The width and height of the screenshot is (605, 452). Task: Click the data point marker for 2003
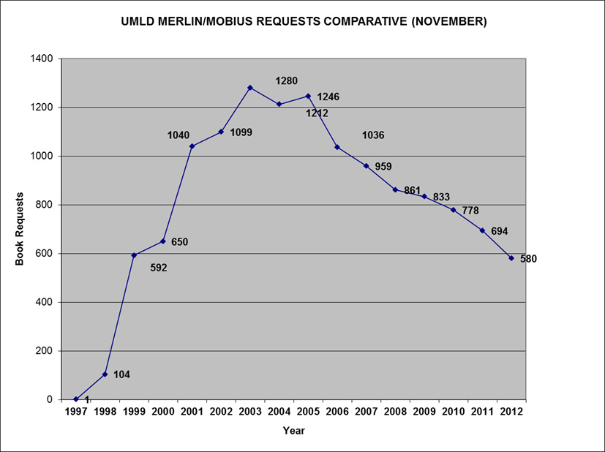[x=250, y=88]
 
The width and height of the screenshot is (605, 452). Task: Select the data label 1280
[x=286, y=81]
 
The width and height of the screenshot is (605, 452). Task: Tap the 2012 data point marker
[x=511, y=258]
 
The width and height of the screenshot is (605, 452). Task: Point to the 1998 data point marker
[x=105, y=374]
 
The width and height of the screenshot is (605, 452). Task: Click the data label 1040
[x=179, y=135]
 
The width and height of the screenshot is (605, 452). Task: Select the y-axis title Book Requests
[x=20, y=229]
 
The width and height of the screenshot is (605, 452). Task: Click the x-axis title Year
[x=293, y=431]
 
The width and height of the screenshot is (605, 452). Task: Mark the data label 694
[x=499, y=231]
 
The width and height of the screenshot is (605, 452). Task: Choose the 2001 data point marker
[x=192, y=146]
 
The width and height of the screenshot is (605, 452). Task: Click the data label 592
[x=158, y=268]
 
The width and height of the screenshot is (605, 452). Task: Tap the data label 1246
[x=328, y=97]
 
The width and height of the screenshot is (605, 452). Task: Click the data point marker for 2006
[x=337, y=147]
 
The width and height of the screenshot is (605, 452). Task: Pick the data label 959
[x=383, y=167]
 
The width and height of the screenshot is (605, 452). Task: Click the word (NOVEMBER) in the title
[x=448, y=22]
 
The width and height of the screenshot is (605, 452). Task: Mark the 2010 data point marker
[x=454, y=210]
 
